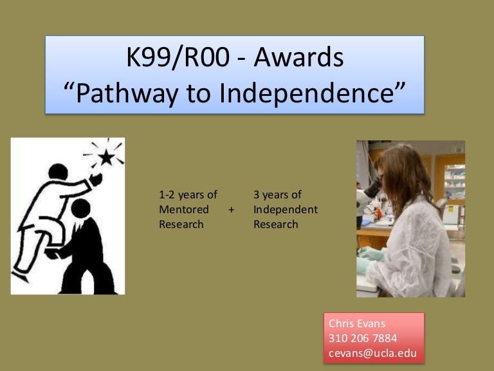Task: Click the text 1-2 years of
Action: coord(188,195)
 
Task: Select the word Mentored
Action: coord(184,209)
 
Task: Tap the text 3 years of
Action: coord(277,195)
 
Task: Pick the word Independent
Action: coord(286,209)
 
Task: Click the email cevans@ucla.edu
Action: coord(372,353)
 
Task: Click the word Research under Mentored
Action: coord(181,224)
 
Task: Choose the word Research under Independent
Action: coord(276,224)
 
